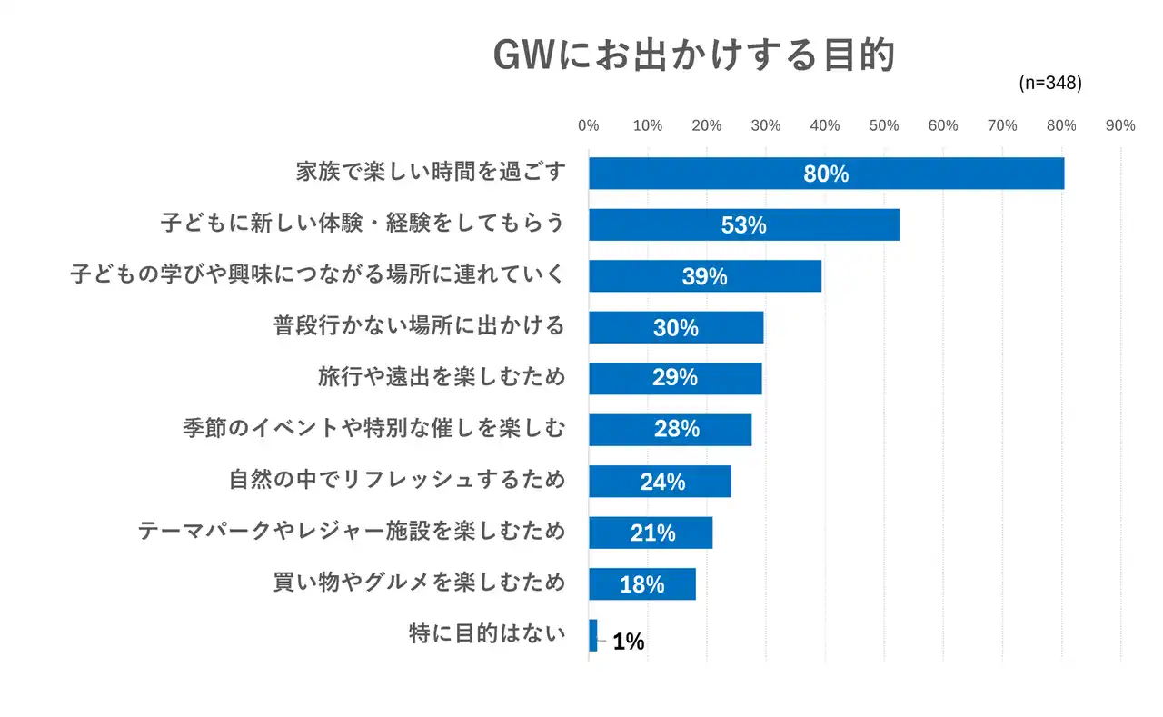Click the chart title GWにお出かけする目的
(x=694, y=55)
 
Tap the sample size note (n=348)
(x=1050, y=83)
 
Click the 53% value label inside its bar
(x=743, y=225)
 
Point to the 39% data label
(x=704, y=277)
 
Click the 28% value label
(x=677, y=429)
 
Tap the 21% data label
(x=652, y=533)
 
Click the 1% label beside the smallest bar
(x=629, y=642)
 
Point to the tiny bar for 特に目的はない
(x=593, y=635)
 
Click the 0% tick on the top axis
(x=589, y=126)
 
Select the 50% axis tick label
(x=884, y=126)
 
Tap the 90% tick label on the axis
(x=1120, y=126)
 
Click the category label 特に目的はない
(x=487, y=633)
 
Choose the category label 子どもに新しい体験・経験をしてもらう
(x=363, y=223)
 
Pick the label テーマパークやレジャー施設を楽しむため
(x=352, y=531)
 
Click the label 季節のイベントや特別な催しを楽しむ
(x=373, y=428)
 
